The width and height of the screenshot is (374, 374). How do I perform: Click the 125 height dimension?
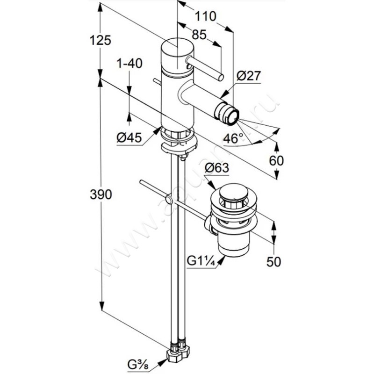101,41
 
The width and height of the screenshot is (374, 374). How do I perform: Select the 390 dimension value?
101,194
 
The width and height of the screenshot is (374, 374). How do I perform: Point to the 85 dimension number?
199,35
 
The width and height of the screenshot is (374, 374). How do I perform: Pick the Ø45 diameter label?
129,138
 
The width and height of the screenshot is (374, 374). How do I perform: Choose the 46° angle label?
233,138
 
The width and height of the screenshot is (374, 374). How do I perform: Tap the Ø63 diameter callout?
216,168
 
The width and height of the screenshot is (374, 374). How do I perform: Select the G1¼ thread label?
201,262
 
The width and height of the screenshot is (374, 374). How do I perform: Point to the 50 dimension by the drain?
274,261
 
